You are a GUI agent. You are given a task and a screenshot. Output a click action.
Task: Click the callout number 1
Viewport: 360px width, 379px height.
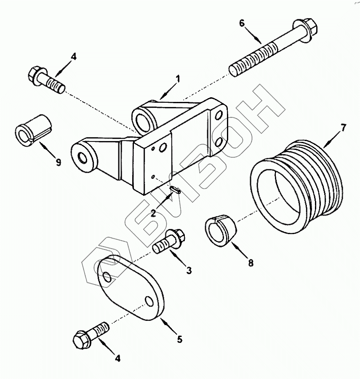point(178,78)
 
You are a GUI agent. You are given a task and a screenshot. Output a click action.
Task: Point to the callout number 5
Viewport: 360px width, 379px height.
point(180,339)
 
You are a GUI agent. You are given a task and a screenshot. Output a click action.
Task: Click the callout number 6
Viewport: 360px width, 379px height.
point(242,24)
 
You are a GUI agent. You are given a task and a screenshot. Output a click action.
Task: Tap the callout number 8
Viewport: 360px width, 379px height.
point(251,263)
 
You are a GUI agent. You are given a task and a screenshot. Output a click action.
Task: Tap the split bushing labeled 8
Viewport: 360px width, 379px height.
point(220,230)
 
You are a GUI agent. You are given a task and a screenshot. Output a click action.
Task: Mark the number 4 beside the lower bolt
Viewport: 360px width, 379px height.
point(117,358)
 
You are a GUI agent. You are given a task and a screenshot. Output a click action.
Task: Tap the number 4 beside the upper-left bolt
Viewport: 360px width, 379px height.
point(74,56)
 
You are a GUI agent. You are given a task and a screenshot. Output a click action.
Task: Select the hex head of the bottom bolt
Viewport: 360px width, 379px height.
point(82,340)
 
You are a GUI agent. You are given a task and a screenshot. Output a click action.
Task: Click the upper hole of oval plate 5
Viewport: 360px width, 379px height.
point(107,277)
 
